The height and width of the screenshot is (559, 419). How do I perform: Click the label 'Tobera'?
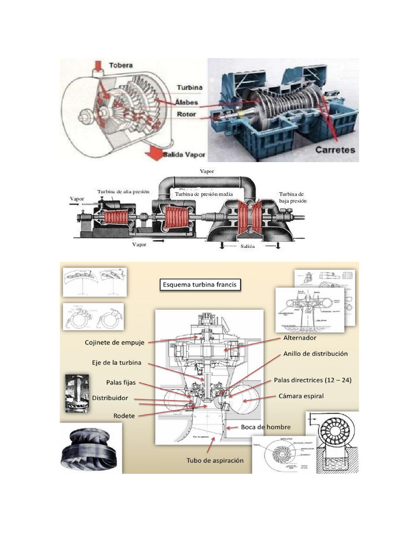tap(121, 65)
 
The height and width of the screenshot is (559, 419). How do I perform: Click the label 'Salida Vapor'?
tap(184, 154)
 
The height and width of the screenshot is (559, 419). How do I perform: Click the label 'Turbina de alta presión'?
tap(123, 192)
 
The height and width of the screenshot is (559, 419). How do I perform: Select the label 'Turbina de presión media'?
tap(204, 194)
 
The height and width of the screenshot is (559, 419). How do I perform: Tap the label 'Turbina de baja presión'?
tap(293, 197)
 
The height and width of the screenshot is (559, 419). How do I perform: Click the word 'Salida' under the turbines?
tap(248, 246)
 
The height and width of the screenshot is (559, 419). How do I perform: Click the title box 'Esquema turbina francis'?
tap(200, 284)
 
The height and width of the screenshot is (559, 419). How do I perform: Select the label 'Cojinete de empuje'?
tap(115, 342)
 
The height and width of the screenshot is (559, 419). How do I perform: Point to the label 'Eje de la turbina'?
tap(116, 362)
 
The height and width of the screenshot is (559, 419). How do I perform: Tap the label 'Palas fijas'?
tap(121, 382)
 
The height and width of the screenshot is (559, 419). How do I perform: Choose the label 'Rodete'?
tap(124, 415)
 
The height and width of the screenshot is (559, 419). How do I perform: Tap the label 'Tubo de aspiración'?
tap(215, 460)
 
